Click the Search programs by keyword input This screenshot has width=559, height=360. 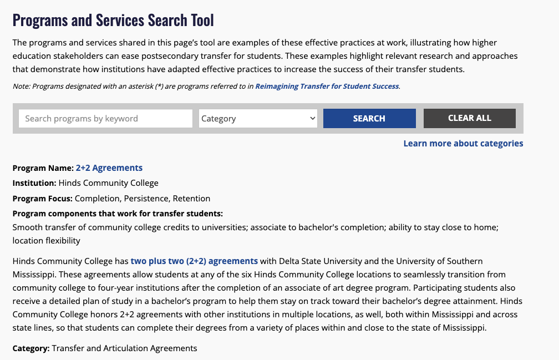pyautogui.click(x=105, y=118)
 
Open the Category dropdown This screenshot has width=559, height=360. pyautogui.click(x=258, y=118)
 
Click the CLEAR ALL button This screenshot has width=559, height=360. pyautogui.click(x=469, y=118)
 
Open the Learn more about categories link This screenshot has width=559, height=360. pyautogui.click(x=463, y=143)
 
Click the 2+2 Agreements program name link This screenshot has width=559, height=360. pyautogui.click(x=109, y=168)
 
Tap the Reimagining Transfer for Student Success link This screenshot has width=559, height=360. pyautogui.click(x=327, y=86)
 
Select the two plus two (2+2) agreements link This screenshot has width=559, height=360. pyautogui.click(x=194, y=261)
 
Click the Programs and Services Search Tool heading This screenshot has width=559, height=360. pyautogui.click(x=113, y=21)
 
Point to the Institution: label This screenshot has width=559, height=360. pyautogui.click(x=34, y=183)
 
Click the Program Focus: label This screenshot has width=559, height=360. pyautogui.click(x=43, y=198)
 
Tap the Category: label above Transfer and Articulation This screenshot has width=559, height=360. pyautogui.click(x=31, y=348)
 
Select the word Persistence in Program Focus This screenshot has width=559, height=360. pyautogui.click(x=146, y=198)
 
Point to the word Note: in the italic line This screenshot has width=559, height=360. pyautogui.click(x=21, y=86)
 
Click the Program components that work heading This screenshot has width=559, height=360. pyautogui.click(x=118, y=214)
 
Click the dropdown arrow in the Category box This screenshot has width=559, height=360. pyautogui.click(x=312, y=118)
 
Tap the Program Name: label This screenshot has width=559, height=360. pyautogui.click(x=43, y=168)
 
